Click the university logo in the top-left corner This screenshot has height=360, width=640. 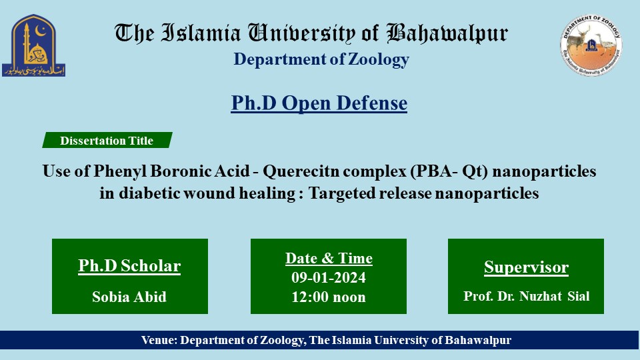[33, 45]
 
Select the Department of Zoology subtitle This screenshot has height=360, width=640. [321, 59]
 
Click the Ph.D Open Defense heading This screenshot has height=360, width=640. [319, 103]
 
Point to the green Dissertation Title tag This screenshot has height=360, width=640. [107, 141]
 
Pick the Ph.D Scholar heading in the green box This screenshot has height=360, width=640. [129, 266]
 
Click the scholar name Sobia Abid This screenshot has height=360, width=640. [129, 297]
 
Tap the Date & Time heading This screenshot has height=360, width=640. [329, 258]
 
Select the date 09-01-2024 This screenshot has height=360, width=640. [329, 277]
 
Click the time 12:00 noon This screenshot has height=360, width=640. [329, 297]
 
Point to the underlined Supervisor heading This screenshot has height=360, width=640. [526, 268]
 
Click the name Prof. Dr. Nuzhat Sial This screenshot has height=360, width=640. [526, 297]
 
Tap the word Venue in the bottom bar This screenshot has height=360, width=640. [158, 340]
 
